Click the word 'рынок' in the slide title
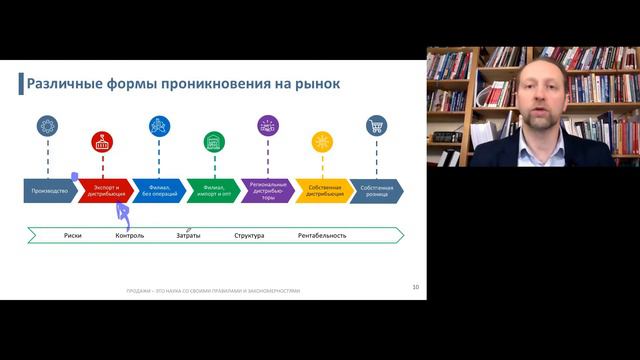coord(313,83)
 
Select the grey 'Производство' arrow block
coord(49,189)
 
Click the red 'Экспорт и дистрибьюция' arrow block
coord(104,189)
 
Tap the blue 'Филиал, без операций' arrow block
coord(159,189)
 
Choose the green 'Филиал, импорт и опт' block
coord(213,189)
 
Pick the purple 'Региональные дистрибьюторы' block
coord(267,189)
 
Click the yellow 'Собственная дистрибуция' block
coord(322,189)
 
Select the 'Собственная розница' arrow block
coord(375,189)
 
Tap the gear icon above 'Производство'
coord(46,126)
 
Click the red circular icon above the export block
coord(102,141)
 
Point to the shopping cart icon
coord(376,126)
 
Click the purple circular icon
coord(267,126)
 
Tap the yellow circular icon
coord(322,141)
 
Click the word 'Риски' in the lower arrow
coord(72,236)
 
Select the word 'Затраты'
coord(188,236)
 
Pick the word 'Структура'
coord(249,236)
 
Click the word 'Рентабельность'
coord(322,236)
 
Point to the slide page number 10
coord(415,287)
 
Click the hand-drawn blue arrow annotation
coord(123,211)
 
